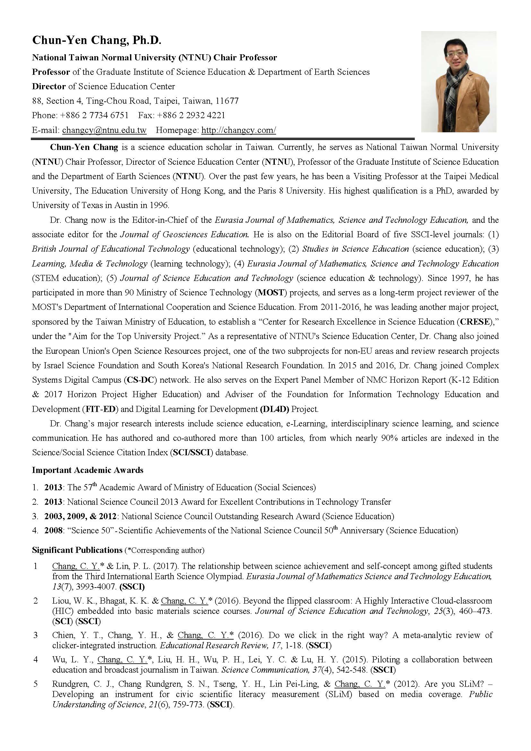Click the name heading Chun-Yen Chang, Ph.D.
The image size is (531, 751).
tap(97, 40)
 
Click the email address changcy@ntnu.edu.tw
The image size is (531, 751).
tap(104, 130)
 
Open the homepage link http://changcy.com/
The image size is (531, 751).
tap(239, 130)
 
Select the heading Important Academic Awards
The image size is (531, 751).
tap(88, 470)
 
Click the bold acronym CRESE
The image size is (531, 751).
tap(475, 322)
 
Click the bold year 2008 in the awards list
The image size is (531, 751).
tap(53, 530)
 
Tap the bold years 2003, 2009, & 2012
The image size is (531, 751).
tap(81, 516)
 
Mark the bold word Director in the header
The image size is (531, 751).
tap(49, 86)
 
